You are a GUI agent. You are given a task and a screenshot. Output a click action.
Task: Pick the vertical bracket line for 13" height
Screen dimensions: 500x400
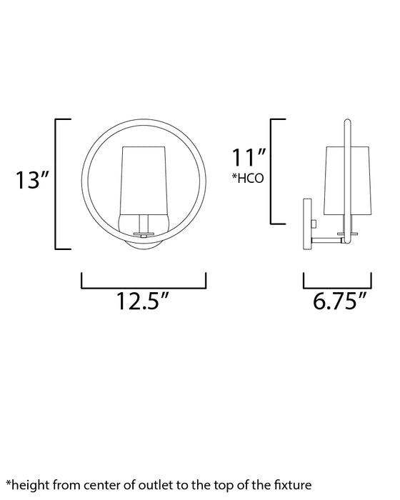(56, 184)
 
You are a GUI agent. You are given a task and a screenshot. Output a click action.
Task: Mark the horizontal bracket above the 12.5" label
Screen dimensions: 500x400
(144, 286)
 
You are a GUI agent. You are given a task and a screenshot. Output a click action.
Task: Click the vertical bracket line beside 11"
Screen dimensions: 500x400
(271, 171)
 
